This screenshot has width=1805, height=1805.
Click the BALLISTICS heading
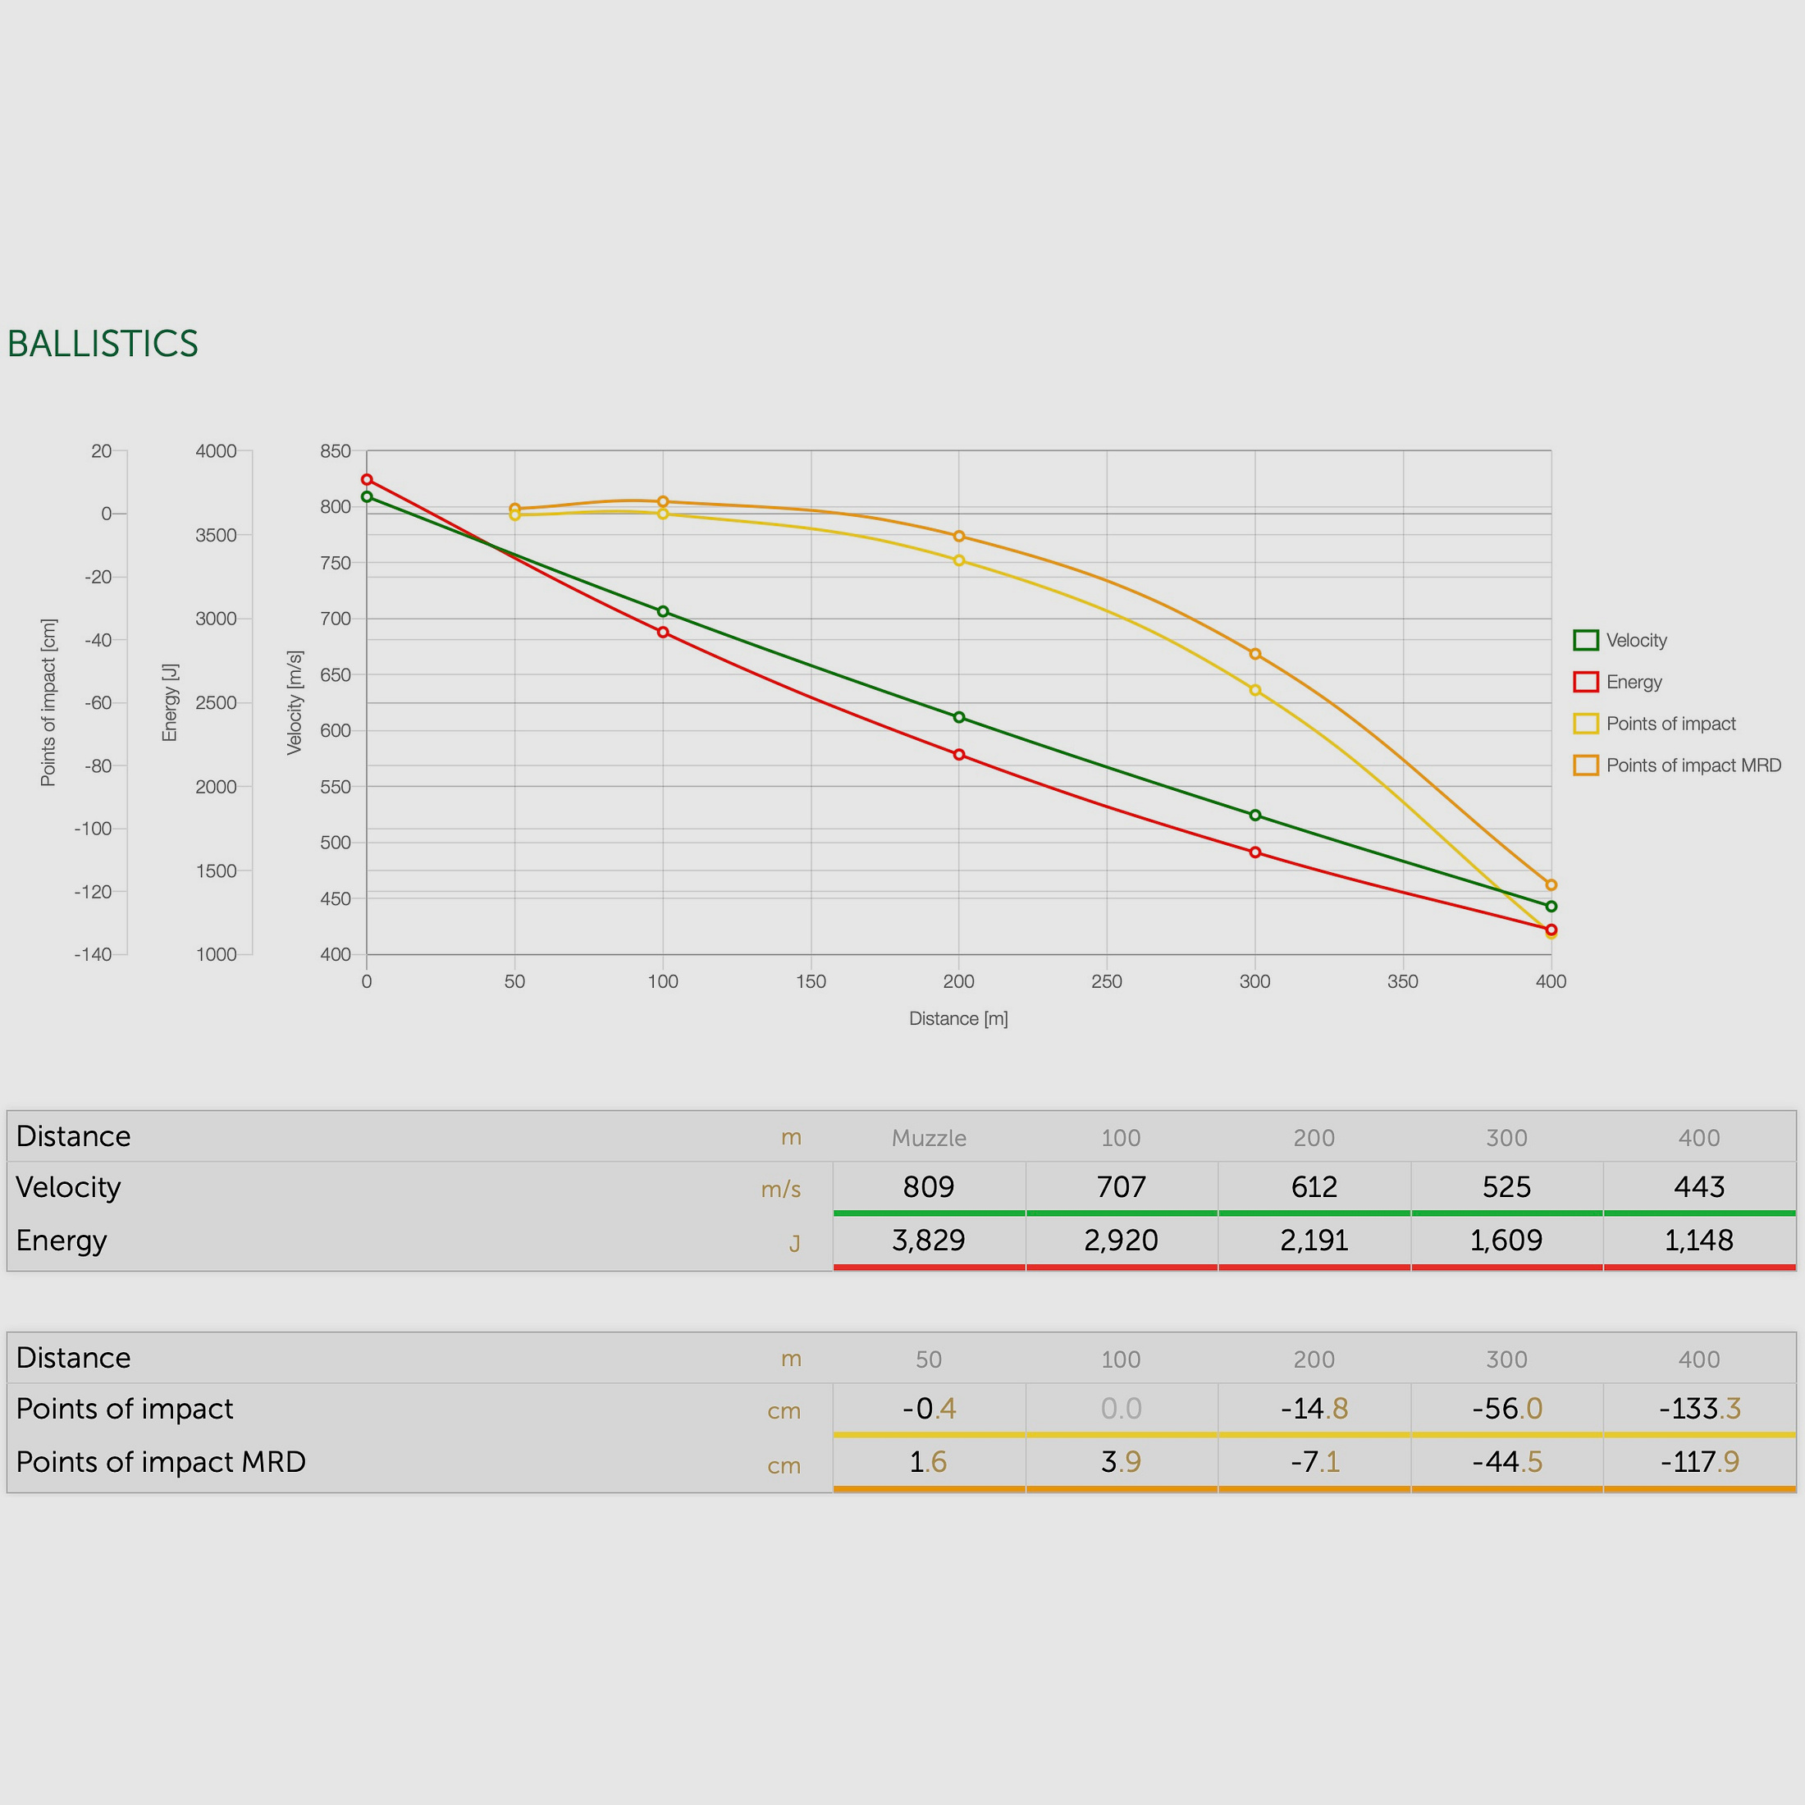(103, 344)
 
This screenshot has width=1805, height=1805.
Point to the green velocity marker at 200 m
(958, 718)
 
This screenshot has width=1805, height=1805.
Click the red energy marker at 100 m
(663, 633)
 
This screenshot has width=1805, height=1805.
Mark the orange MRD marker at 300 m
(1254, 654)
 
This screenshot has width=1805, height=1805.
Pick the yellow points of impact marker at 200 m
(958, 560)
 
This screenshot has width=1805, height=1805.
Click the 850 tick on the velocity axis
(336, 451)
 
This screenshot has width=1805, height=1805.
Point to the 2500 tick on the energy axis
(216, 702)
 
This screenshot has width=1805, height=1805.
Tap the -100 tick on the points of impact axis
(94, 829)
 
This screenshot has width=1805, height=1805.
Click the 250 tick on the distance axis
(1106, 981)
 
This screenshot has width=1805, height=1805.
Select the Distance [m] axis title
(958, 1018)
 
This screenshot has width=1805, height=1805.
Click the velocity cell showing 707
(1121, 1186)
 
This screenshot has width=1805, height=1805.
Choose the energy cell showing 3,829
(929, 1240)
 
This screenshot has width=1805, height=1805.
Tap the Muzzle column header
(929, 1138)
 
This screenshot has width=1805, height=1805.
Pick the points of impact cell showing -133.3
(1699, 1408)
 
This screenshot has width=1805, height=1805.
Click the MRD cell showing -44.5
(1507, 1461)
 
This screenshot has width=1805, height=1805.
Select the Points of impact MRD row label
(161, 1461)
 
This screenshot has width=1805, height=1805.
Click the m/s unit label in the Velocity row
(781, 1190)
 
